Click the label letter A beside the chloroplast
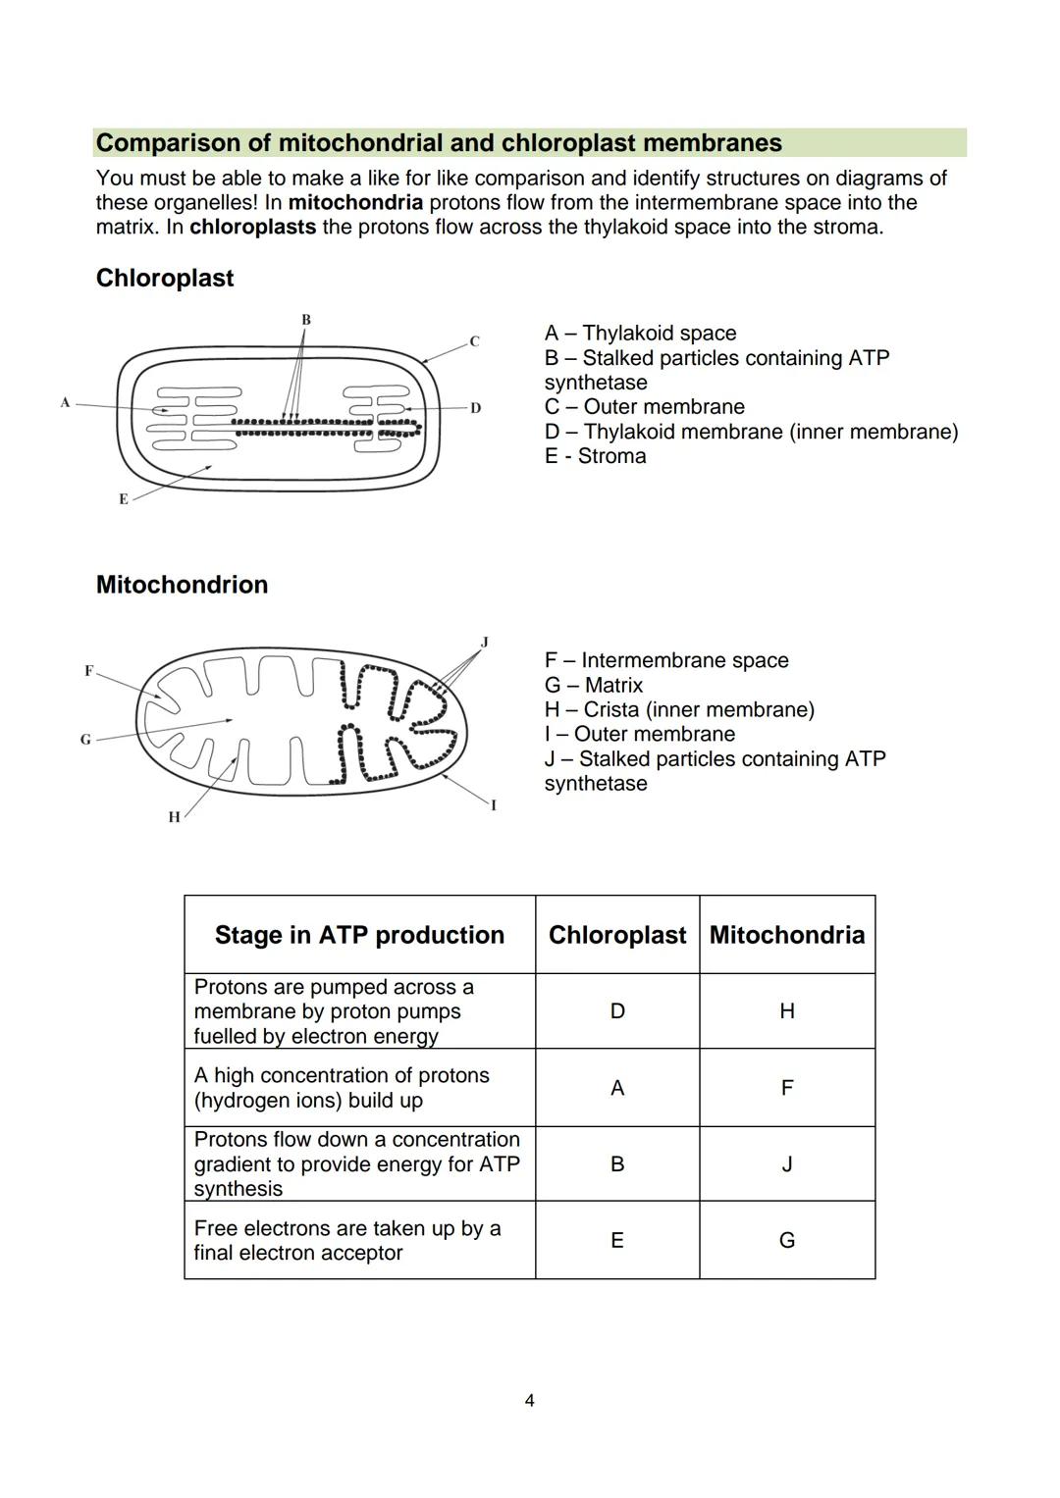(65, 402)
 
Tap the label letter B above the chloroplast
(306, 320)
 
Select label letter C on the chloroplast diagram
(474, 341)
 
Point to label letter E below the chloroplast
(124, 499)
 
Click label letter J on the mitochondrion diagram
(484, 643)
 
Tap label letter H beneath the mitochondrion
(174, 817)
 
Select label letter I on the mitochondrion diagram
(494, 805)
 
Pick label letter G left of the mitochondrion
(85, 740)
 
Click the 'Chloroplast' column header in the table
(616, 935)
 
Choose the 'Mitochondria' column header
(786, 935)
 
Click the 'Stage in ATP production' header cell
(359, 935)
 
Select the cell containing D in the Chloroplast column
(616, 1011)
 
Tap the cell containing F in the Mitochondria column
(786, 1088)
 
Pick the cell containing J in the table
(786, 1164)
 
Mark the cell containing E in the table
(616, 1241)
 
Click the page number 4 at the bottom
(530, 1401)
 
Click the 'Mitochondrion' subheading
(182, 585)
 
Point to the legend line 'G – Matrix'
(594, 686)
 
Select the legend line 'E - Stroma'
(595, 456)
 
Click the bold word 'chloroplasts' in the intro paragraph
(252, 228)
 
